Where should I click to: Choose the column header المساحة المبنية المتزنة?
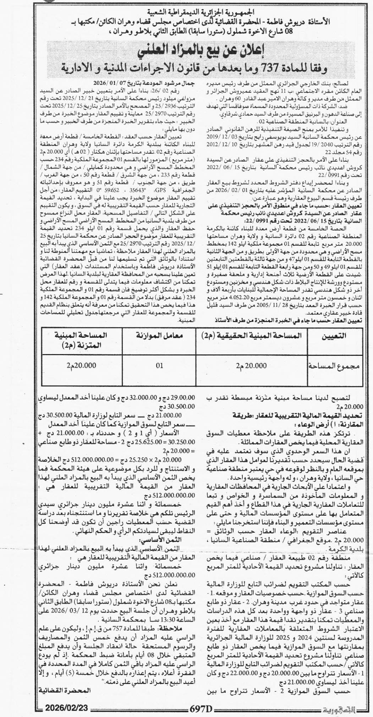pyautogui.click(x=81, y=339)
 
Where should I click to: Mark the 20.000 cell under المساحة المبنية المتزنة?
pyautogui.click(x=81, y=365)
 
